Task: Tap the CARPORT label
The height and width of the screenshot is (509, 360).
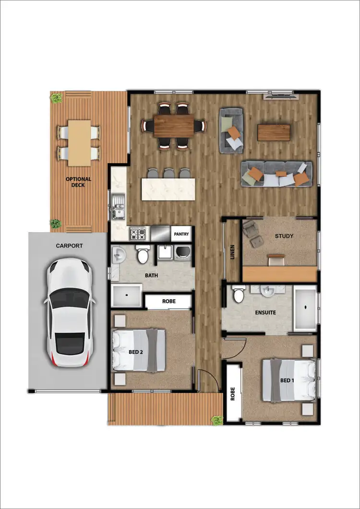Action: [x=69, y=245]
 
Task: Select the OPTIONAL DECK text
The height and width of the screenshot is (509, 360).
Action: [x=78, y=182]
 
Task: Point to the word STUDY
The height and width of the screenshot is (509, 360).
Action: [x=284, y=236]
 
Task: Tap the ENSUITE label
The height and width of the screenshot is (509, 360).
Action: [x=265, y=312]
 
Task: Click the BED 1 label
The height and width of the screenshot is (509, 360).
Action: [x=287, y=380]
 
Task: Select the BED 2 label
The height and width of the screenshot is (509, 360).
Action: [x=136, y=352]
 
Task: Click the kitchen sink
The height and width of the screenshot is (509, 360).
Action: [x=118, y=208]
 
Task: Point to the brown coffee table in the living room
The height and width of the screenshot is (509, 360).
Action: [x=274, y=133]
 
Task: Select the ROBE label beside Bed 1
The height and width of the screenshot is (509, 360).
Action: [x=233, y=393]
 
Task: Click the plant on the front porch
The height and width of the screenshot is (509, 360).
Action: [x=217, y=420]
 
